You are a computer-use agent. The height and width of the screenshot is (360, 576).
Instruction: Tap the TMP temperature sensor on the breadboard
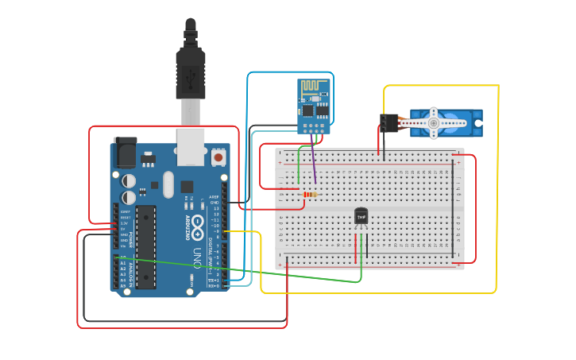point(361,216)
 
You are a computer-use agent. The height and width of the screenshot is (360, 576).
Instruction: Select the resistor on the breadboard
point(308,194)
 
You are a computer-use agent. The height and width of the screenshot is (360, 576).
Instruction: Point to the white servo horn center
point(433,122)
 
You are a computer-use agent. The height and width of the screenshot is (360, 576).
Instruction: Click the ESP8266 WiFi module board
point(314,105)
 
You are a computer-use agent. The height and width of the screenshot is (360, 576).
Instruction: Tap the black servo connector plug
point(389,123)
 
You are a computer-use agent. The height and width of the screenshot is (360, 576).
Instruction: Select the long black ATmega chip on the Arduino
point(145,246)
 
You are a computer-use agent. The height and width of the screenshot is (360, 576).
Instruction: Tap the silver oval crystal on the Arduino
point(168,184)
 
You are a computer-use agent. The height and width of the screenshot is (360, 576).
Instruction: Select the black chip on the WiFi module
point(310,112)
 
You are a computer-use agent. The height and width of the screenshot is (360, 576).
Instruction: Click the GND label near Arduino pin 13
point(213,203)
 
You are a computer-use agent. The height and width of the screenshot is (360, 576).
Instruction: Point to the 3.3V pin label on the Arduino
point(123,223)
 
